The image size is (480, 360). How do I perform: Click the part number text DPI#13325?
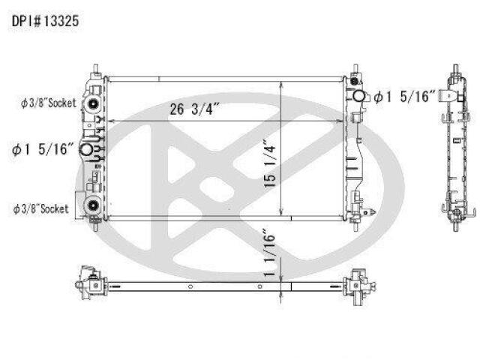(45, 21)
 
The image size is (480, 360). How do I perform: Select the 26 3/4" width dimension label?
(195, 109)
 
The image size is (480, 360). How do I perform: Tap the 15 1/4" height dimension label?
(270, 163)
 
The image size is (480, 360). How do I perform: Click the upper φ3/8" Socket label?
(48, 103)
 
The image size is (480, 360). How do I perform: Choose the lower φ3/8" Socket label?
(40, 209)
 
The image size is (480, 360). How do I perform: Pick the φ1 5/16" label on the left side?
(43, 149)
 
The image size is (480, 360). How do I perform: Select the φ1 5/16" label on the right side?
(404, 97)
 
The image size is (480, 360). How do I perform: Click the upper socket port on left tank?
(92, 103)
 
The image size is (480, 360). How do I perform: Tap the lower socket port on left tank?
(92, 205)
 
